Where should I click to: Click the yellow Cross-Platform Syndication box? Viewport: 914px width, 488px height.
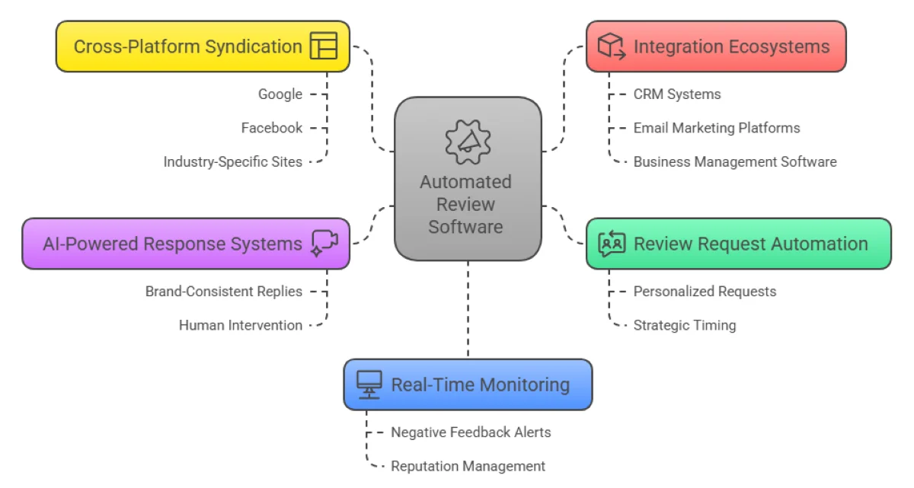pyautogui.click(x=202, y=46)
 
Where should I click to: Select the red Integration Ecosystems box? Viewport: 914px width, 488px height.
pyautogui.click(x=715, y=46)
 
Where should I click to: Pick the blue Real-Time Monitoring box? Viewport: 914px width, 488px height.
pyautogui.click(x=467, y=384)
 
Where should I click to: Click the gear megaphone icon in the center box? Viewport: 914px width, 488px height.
pyautogui.click(x=468, y=140)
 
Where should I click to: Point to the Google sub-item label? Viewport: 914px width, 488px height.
pyautogui.click(x=280, y=94)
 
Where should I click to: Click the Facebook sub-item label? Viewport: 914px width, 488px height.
pyautogui.click(x=271, y=128)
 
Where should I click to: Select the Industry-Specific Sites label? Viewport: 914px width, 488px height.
pyautogui.click(x=232, y=161)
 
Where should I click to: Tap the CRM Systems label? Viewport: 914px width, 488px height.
pyautogui.click(x=676, y=94)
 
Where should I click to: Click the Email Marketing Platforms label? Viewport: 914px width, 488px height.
pyautogui.click(x=716, y=128)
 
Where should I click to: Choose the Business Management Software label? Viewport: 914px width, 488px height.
pyautogui.click(x=734, y=161)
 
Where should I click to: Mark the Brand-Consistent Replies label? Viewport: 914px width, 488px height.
pyautogui.click(x=223, y=292)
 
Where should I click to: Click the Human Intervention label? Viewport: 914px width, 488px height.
pyautogui.click(x=240, y=325)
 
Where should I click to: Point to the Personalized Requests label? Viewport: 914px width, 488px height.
pyautogui.click(x=705, y=292)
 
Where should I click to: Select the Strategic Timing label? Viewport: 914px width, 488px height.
pyautogui.click(x=684, y=325)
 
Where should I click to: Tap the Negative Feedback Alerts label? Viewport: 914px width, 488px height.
pyautogui.click(x=471, y=432)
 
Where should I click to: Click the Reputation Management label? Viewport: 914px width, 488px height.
pyautogui.click(x=468, y=466)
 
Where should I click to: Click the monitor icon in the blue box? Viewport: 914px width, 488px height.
pyautogui.click(x=369, y=384)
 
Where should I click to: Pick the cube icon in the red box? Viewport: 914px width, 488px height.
pyautogui.click(x=610, y=46)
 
